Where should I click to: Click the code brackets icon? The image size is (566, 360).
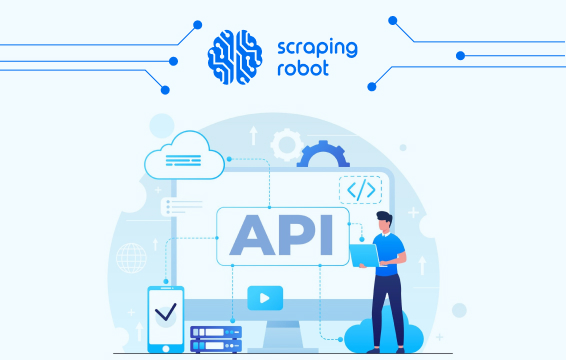360,190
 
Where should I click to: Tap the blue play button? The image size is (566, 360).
265,296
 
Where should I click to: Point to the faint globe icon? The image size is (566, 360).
131,259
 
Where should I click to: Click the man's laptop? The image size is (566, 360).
364,256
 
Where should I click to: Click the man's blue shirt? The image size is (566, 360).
390,255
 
